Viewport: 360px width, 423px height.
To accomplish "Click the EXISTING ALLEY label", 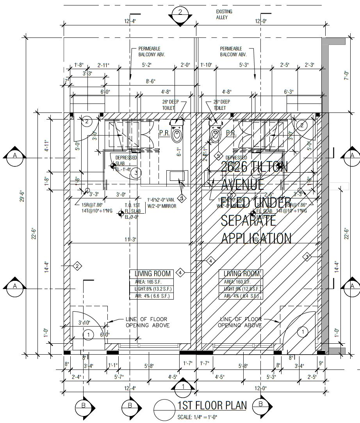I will point(225,15).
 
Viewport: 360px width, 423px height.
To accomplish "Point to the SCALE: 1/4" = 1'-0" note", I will point(198,418).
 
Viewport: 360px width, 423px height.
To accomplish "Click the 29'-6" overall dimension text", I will point(23,195).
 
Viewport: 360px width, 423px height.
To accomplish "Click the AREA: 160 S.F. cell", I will point(241,282).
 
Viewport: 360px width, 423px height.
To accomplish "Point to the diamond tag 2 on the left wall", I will point(77,266).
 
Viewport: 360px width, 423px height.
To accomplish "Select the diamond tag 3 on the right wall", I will point(307,257).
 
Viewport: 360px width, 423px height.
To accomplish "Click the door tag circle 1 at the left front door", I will point(89,334).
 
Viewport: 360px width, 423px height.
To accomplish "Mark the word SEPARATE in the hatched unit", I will point(248,221).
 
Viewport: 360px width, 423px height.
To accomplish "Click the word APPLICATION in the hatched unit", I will point(256,238).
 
